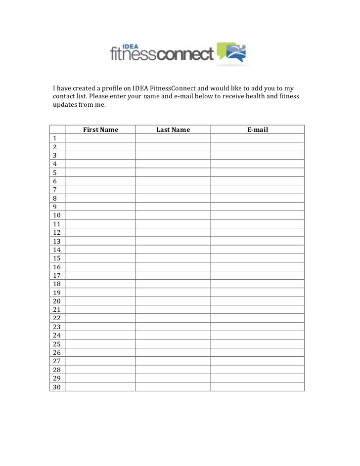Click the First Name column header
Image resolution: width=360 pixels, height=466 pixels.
[100, 130]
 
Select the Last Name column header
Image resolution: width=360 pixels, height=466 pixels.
[173, 130]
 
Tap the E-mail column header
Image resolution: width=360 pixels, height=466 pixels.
[257, 130]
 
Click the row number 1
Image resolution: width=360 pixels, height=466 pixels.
[54, 138]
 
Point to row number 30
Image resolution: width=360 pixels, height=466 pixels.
[56, 387]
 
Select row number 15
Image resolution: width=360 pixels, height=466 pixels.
[56, 258]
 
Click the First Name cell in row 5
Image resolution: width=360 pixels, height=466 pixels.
[100, 172]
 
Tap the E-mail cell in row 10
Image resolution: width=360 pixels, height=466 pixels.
[257, 215]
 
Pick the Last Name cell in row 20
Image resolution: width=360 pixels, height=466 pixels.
[173, 301]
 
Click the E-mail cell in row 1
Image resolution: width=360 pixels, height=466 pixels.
[257, 138]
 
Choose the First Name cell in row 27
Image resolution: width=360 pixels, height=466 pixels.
[100, 361]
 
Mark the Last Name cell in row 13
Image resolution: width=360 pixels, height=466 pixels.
[173, 241]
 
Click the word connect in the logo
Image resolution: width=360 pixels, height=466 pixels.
[185, 53]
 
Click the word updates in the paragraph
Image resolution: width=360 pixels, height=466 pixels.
[64, 105]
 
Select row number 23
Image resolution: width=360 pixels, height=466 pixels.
[56, 327]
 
